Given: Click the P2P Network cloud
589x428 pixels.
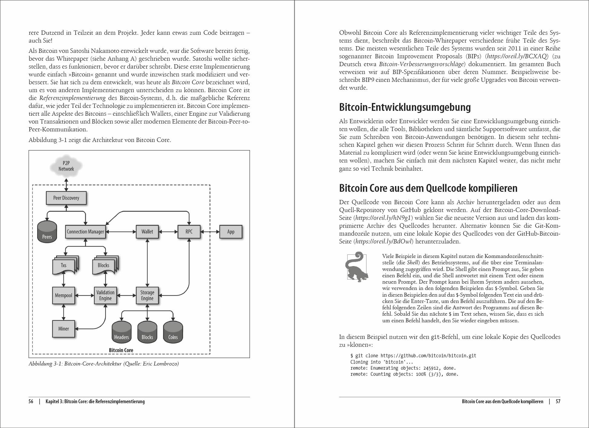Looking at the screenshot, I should pos(66,166).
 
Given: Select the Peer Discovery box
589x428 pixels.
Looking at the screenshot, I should pos(66,198).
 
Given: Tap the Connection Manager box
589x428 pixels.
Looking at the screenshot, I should pos(85,232).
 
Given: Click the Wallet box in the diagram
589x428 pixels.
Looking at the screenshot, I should pos(147,232).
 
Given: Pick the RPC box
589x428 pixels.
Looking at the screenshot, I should pos(189,232).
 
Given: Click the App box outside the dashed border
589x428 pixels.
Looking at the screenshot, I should pos(231,232).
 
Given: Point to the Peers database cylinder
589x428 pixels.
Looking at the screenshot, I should pos(47,232).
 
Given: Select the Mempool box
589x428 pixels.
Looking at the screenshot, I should pos(63,295).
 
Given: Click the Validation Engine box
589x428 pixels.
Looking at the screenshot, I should pos(105,295).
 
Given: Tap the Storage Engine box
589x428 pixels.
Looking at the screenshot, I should pos(147,295).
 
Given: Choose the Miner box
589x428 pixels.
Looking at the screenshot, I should pos(63,329).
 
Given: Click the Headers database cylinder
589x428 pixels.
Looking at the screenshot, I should pos(121,332).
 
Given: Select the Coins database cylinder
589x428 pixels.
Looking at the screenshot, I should pos(173,332).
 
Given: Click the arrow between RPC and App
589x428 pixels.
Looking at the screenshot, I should pos(210,232).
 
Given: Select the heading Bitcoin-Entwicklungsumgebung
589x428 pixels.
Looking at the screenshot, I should pos(405,108).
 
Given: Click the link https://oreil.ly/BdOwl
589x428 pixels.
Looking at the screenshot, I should pos(384,241).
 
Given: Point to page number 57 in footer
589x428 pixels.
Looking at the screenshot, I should pos(558,401).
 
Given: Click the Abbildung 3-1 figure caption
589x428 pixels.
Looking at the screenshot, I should pos(104,364).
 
